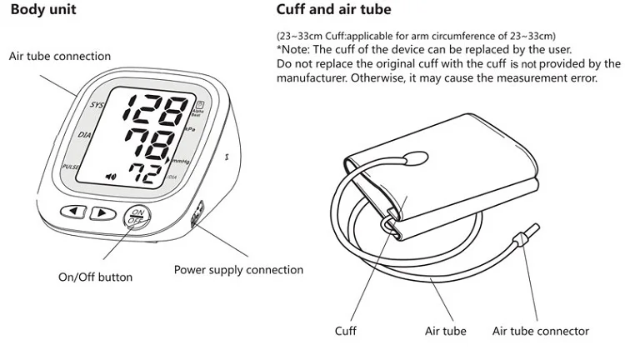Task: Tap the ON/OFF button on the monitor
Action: pyautogui.click(x=136, y=219)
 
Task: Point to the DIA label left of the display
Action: pyautogui.click(x=84, y=135)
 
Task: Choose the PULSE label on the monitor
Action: pyautogui.click(x=72, y=167)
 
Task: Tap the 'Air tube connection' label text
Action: pyautogui.click(x=59, y=57)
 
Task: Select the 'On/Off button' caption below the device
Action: pyautogui.click(x=95, y=277)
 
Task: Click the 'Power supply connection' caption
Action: pyautogui.click(x=238, y=270)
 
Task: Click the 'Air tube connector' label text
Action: pyautogui.click(x=540, y=332)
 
